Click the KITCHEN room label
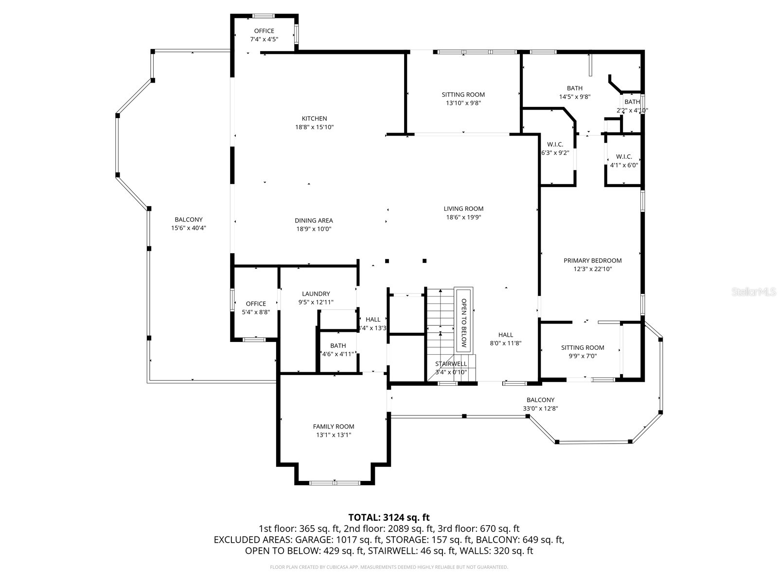pyautogui.click(x=314, y=119)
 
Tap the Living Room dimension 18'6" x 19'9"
pyautogui.click(x=463, y=217)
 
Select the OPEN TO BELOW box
pyautogui.click(x=463, y=319)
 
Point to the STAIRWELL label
pyautogui.click(x=451, y=364)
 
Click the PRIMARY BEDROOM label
pyautogui.click(x=592, y=260)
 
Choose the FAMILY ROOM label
pyautogui.click(x=334, y=427)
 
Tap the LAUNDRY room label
pyautogui.click(x=316, y=294)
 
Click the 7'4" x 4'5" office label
pyautogui.click(x=264, y=39)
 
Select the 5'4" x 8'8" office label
pyautogui.click(x=256, y=312)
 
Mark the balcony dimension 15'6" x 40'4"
pyautogui.click(x=189, y=228)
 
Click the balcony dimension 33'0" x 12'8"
pyautogui.click(x=540, y=409)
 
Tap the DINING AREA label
pyautogui.click(x=314, y=221)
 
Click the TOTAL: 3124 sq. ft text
pyautogui.click(x=389, y=517)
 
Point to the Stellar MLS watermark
pyautogui.click(x=754, y=292)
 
